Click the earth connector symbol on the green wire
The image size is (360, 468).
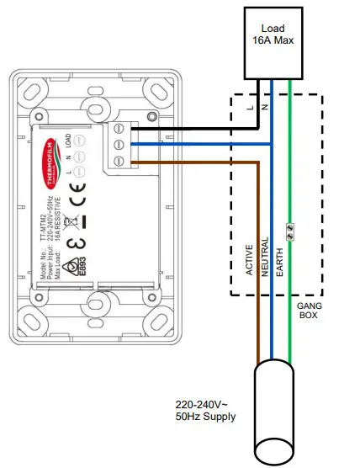tap(290, 227)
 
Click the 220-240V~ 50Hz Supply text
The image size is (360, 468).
tap(206, 409)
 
